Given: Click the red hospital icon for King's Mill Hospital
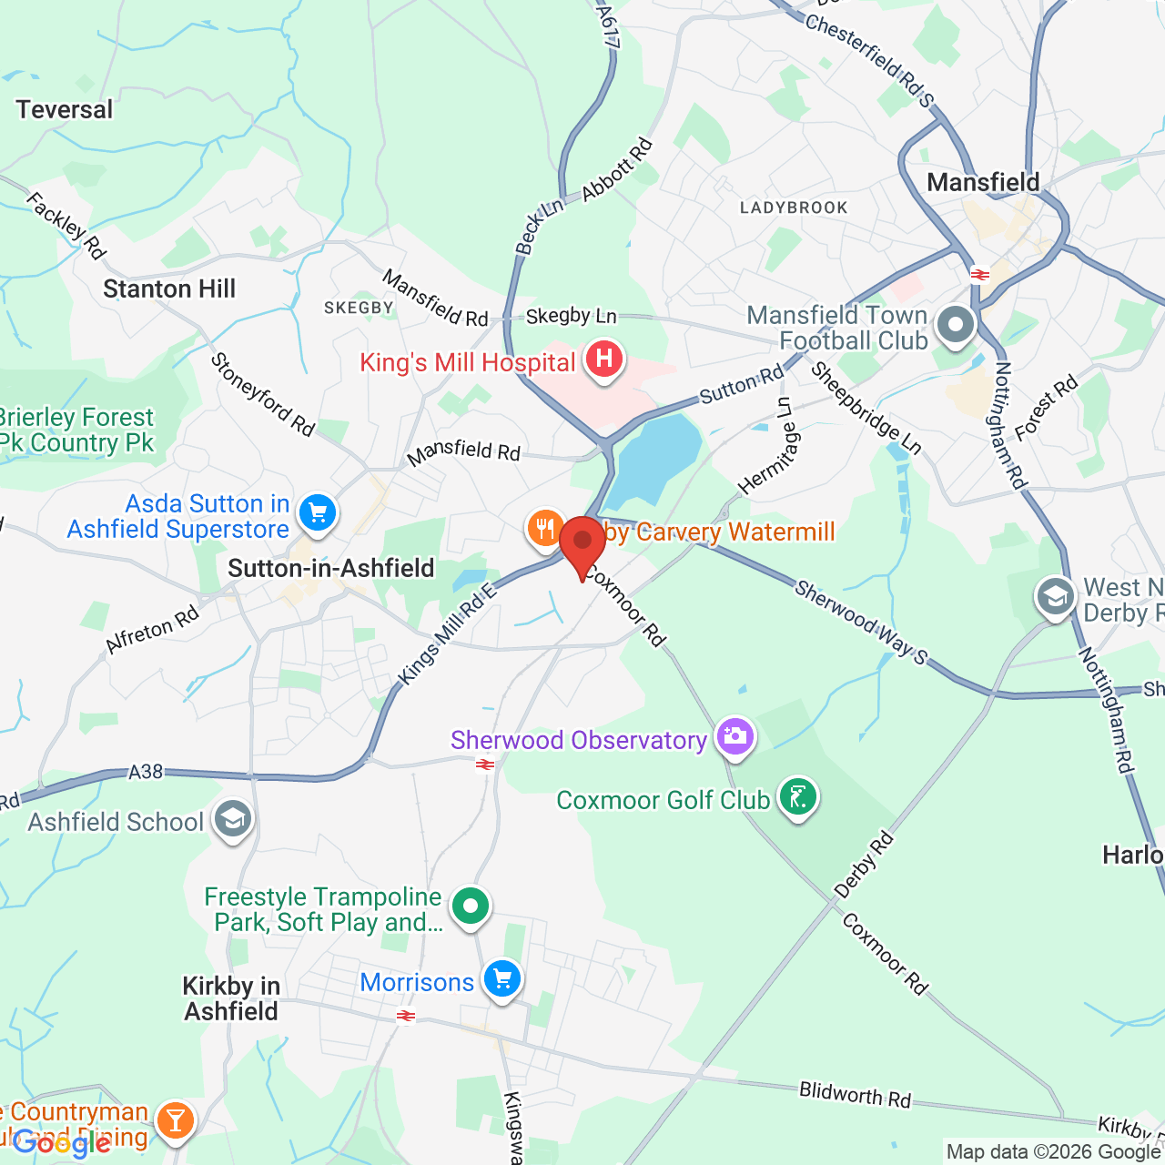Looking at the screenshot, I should (x=603, y=360).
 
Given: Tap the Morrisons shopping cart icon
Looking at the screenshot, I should (x=501, y=980).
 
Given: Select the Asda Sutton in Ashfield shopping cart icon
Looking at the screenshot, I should (x=318, y=513).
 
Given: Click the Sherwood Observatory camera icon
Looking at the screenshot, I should (x=734, y=737).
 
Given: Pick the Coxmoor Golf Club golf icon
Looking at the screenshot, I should (x=798, y=797).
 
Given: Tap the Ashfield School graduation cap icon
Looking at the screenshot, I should (x=233, y=819).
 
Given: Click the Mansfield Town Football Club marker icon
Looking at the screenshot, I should (x=956, y=325).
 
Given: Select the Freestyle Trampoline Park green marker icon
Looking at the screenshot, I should (x=471, y=907).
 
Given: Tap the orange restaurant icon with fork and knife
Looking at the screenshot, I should (x=545, y=528).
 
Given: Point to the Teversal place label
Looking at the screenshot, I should (x=65, y=110).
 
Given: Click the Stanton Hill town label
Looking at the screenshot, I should (x=169, y=289).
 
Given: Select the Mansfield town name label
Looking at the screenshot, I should (x=983, y=182).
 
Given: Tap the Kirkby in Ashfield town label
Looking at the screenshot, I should (x=231, y=998).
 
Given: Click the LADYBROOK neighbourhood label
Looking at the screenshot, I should (x=794, y=208).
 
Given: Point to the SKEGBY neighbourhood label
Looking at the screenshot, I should (x=359, y=308).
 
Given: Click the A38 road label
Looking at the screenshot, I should (x=146, y=772).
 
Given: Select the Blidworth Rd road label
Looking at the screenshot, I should (x=855, y=1094).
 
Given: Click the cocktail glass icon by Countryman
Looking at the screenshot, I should (x=175, y=1120).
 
